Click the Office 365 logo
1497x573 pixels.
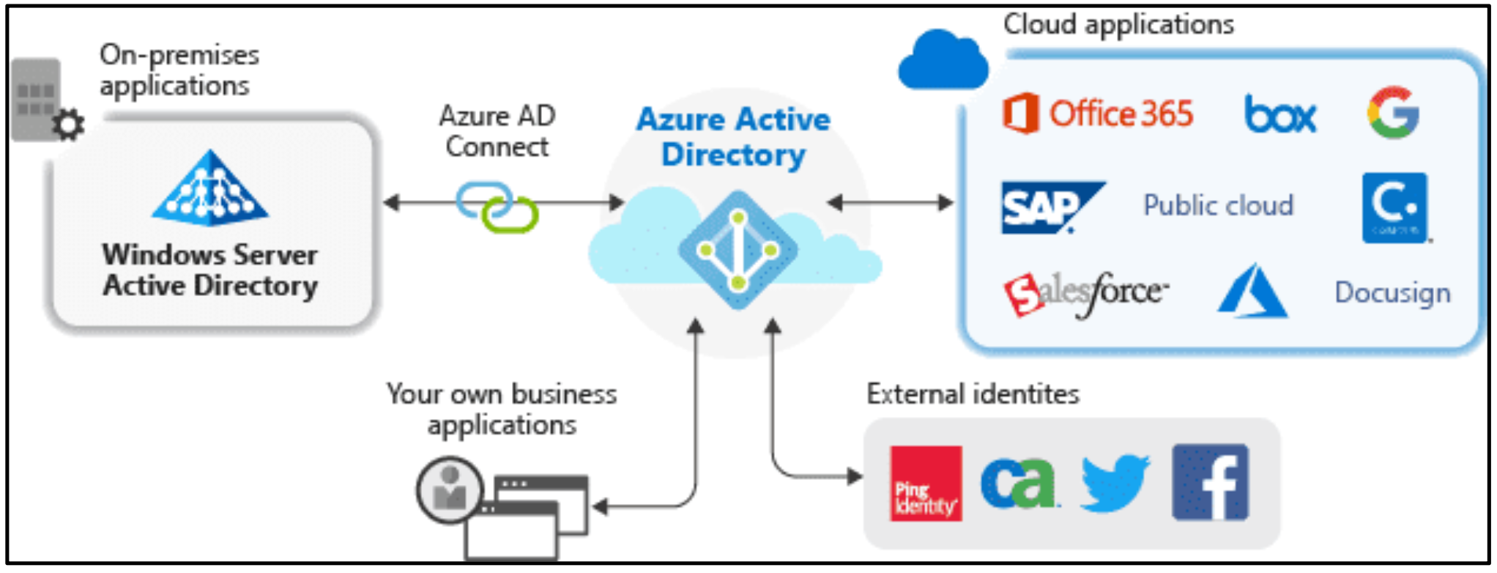pos(1097,114)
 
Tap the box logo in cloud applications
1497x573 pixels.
pos(1279,115)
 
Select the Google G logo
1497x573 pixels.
pos(1393,113)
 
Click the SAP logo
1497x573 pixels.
pos(1049,207)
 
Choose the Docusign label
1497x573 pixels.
pos(1392,292)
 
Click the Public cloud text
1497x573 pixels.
pos(1218,205)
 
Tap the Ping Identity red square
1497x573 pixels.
pos(926,483)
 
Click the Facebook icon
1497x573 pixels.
pos(1210,482)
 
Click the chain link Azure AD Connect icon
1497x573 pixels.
pos(497,207)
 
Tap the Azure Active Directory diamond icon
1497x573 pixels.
pos(738,250)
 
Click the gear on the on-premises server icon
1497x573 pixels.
pos(69,125)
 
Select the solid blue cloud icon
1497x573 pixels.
pos(943,62)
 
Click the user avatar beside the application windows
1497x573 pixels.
pos(450,489)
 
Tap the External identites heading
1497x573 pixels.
pos(973,394)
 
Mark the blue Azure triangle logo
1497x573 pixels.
pos(1252,292)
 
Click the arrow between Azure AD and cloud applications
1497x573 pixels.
pos(890,202)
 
